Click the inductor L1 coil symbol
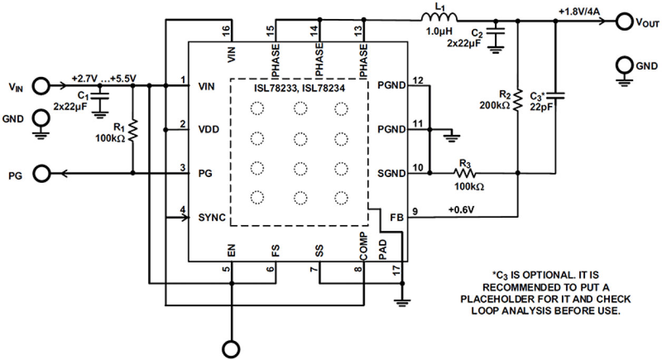click(x=440, y=20)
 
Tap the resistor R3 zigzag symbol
click(x=464, y=172)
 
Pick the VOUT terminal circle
click(x=625, y=21)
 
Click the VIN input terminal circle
click(x=42, y=84)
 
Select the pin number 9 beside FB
click(x=415, y=211)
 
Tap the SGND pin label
click(x=391, y=173)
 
